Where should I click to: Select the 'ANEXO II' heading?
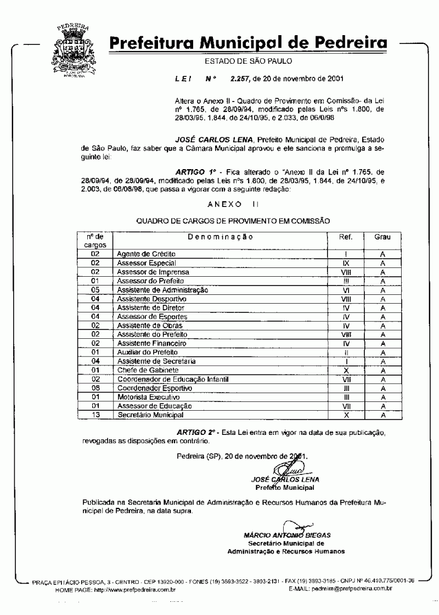point(233,204)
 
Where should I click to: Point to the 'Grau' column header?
point(382,237)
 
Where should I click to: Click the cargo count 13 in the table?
point(95,415)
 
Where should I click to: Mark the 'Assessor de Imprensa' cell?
point(153,272)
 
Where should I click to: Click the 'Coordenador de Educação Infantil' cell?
point(172,379)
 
